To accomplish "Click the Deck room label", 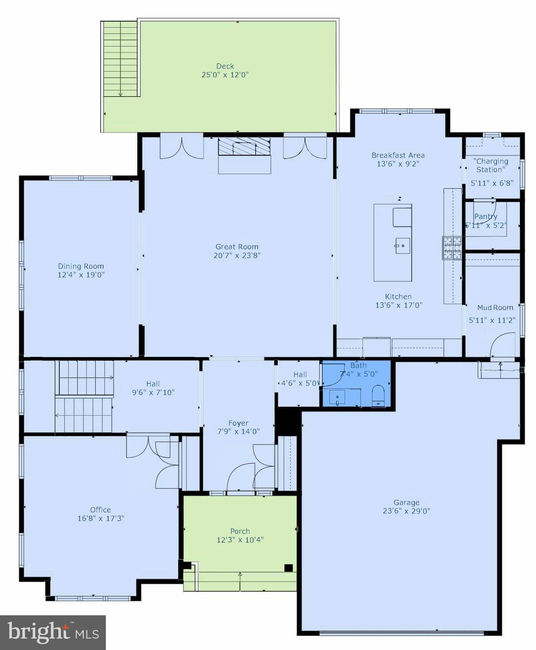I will (225, 66).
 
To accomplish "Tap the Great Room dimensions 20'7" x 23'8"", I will (237, 256).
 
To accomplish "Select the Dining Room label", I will (81, 266).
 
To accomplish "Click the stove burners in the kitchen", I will (452, 248).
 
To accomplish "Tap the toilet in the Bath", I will (378, 396).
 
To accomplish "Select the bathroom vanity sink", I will (337, 397).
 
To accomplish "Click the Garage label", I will (406, 502).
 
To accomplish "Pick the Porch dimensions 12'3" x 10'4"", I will (240, 540).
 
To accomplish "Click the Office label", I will (100, 510).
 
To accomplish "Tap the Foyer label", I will (238, 423).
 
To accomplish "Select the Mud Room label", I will (495, 308).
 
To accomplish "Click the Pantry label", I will (486, 216).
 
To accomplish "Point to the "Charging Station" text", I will (491, 165).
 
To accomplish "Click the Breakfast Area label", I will (398, 155).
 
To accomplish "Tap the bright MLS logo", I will (53, 632).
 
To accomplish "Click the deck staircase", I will (120, 59).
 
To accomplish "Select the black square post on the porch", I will (288, 568).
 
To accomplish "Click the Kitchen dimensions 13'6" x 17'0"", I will (399, 305).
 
